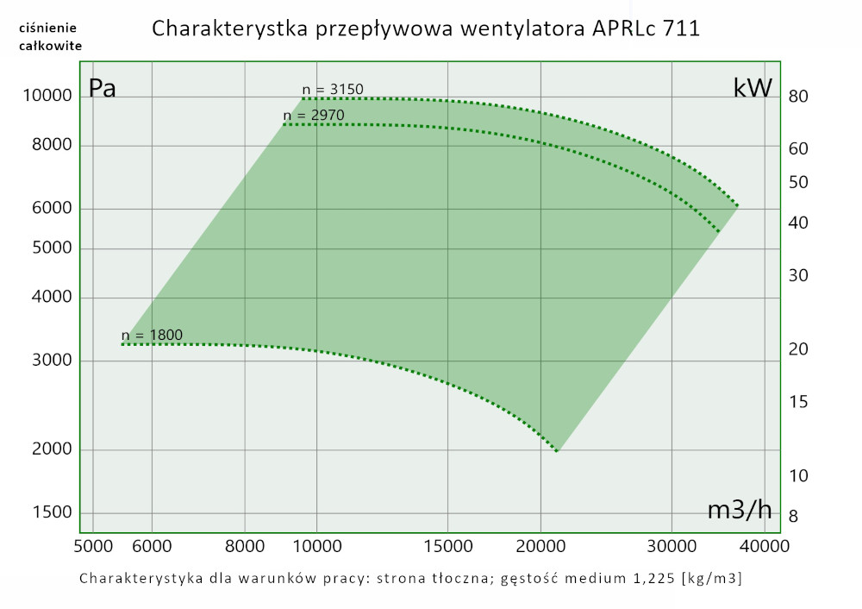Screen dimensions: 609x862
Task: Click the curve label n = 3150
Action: click(333, 89)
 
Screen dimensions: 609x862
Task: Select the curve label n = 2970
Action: click(314, 116)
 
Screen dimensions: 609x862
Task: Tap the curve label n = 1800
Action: click(152, 336)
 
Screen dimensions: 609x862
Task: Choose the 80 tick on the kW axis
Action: click(797, 97)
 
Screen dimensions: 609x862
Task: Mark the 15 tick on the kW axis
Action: click(797, 401)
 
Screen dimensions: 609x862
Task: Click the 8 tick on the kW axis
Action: click(793, 516)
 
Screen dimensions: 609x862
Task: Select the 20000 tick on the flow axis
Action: click(540, 546)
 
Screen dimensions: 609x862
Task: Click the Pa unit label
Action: click(103, 88)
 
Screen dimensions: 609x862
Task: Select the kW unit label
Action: click(753, 88)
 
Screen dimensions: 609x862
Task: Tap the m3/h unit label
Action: click(739, 510)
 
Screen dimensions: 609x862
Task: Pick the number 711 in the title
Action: click(680, 28)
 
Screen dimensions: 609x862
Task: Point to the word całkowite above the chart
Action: click(50, 46)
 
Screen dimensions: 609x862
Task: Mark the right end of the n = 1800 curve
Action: click(557, 450)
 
